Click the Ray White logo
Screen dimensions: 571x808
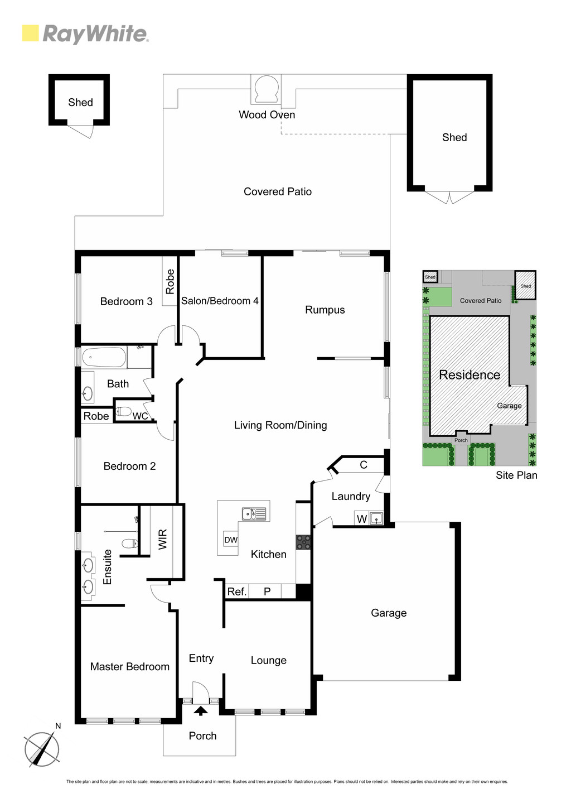coord(85,34)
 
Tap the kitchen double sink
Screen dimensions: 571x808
coord(254,514)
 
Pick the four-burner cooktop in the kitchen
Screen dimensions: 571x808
coord(303,542)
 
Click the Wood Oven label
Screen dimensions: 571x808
coord(267,115)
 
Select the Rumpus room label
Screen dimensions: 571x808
coord(325,310)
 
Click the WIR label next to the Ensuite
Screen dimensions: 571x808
coord(163,539)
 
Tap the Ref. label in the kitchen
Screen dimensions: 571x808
coord(237,591)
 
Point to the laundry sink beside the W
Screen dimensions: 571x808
coord(376,519)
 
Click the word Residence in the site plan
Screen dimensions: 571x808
coord(470,375)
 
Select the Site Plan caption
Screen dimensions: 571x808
coord(516,475)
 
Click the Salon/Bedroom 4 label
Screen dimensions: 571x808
coord(220,301)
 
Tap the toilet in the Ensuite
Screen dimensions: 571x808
coord(129,543)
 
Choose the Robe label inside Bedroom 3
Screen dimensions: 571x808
coord(170,281)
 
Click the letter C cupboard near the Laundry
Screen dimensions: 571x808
coord(364,465)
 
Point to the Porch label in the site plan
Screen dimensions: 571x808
coord(461,440)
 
